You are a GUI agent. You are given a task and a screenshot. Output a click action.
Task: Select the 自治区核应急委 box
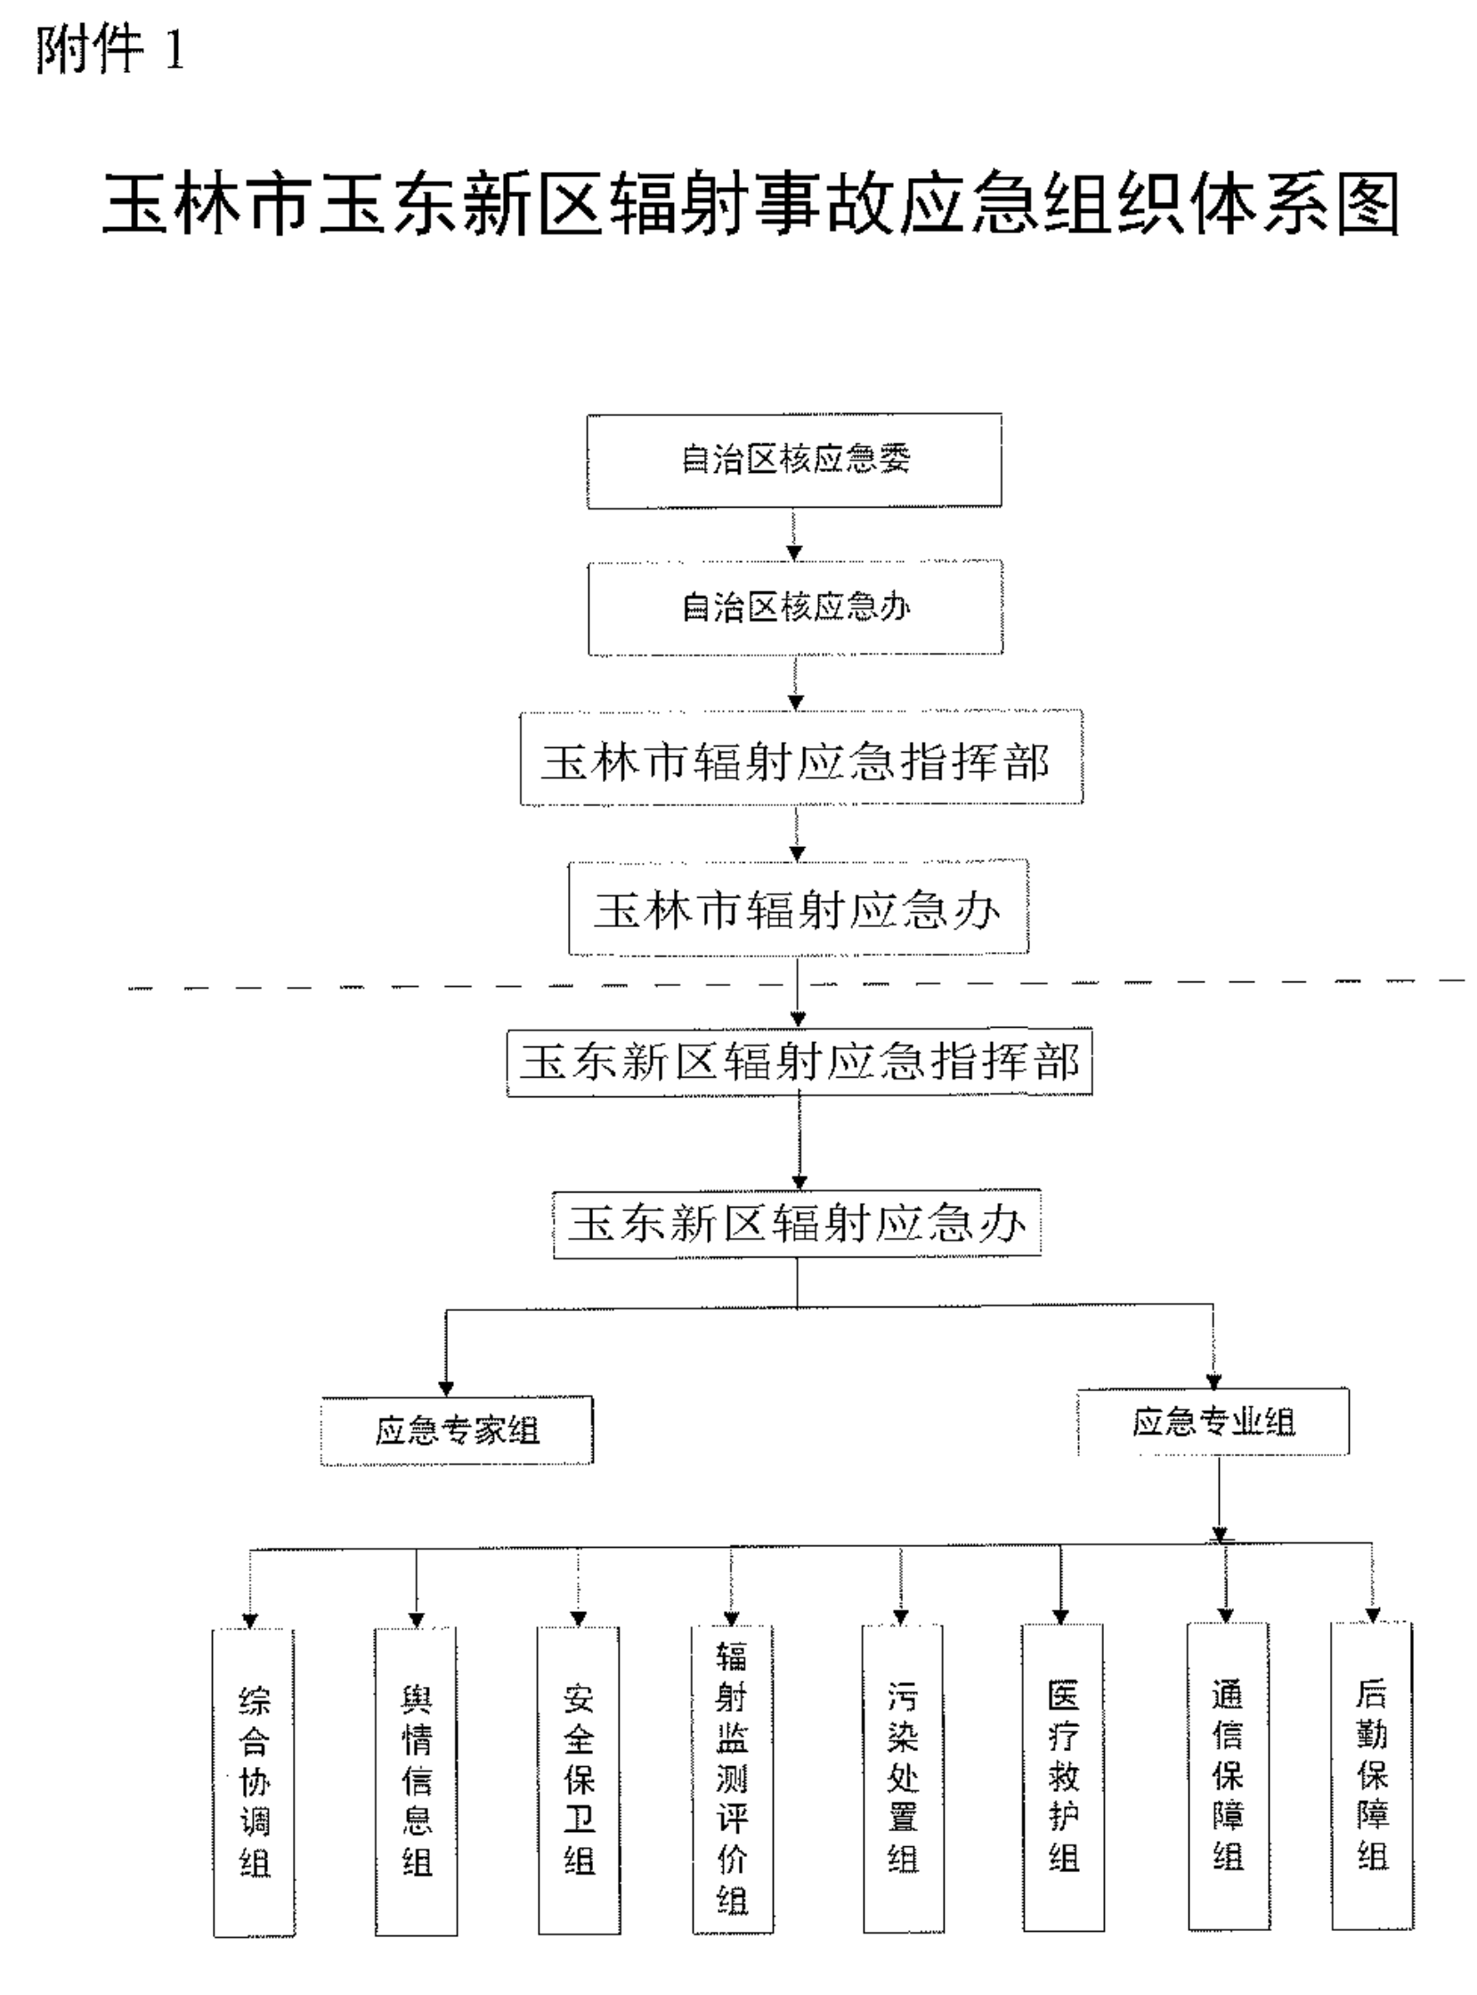pyautogui.click(x=794, y=460)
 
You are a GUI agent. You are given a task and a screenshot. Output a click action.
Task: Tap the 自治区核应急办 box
pyautogui.click(x=795, y=608)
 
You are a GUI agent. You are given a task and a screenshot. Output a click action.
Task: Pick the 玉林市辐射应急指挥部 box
pyautogui.click(x=801, y=759)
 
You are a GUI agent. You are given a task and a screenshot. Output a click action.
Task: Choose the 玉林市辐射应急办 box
pyautogui.click(x=798, y=908)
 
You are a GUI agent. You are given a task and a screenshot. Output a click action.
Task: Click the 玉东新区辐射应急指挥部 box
pyautogui.click(x=799, y=1063)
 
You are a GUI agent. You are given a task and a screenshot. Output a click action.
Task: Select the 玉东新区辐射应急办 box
pyautogui.click(x=797, y=1225)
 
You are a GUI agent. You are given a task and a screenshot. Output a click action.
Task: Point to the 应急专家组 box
pyautogui.click(x=457, y=1430)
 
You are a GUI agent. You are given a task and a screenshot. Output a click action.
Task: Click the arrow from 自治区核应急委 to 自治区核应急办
pyautogui.click(x=795, y=534)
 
